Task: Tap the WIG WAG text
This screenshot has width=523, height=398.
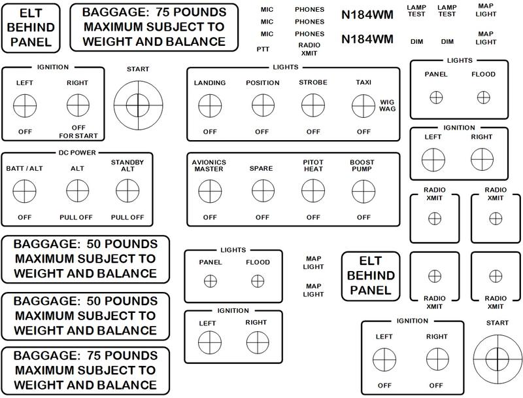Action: (x=387, y=105)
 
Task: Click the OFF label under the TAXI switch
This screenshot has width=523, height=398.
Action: (x=363, y=132)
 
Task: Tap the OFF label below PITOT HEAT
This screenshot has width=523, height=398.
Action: (x=312, y=217)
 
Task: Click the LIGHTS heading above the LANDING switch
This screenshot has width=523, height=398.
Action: (x=293, y=67)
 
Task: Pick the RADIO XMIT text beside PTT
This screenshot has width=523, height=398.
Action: (x=309, y=48)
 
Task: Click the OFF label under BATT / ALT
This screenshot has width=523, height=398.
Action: (x=25, y=217)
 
